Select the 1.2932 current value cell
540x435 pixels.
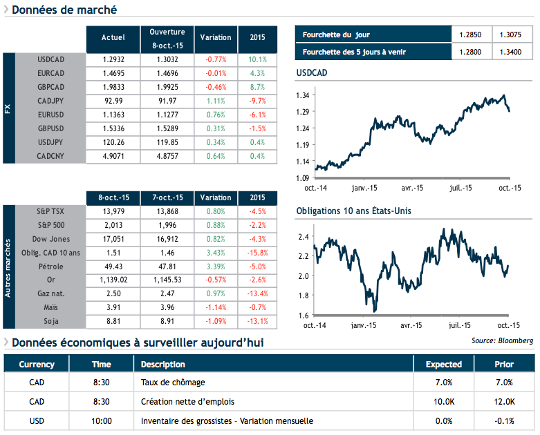(x=113, y=60)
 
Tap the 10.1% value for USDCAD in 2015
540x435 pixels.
(x=257, y=60)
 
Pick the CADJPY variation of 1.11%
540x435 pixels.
(x=216, y=101)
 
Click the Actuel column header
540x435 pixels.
(x=113, y=37)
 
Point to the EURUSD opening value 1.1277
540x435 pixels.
(x=167, y=115)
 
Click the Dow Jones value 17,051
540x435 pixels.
(x=113, y=239)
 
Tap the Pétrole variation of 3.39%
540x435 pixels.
(x=216, y=267)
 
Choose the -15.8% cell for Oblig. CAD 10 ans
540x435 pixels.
(x=257, y=253)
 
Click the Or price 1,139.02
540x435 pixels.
(x=113, y=280)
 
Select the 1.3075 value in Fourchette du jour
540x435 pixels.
(x=512, y=35)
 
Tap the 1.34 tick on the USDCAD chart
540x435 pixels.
(x=302, y=95)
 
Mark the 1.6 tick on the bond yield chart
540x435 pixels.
(x=304, y=316)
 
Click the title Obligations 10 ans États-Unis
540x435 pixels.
(x=354, y=211)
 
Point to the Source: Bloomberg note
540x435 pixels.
(x=502, y=340)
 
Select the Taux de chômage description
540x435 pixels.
(x=173, y=382)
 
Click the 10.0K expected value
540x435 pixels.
(x=443, y=401)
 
